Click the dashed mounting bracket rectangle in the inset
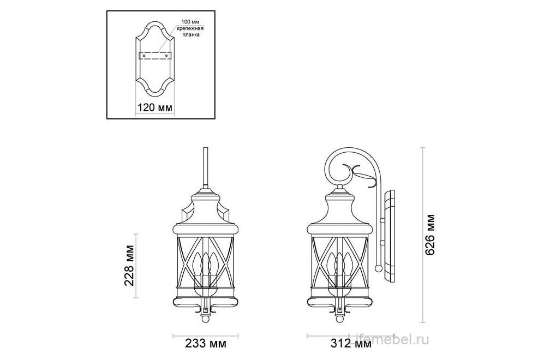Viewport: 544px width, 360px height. coord(155,55)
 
